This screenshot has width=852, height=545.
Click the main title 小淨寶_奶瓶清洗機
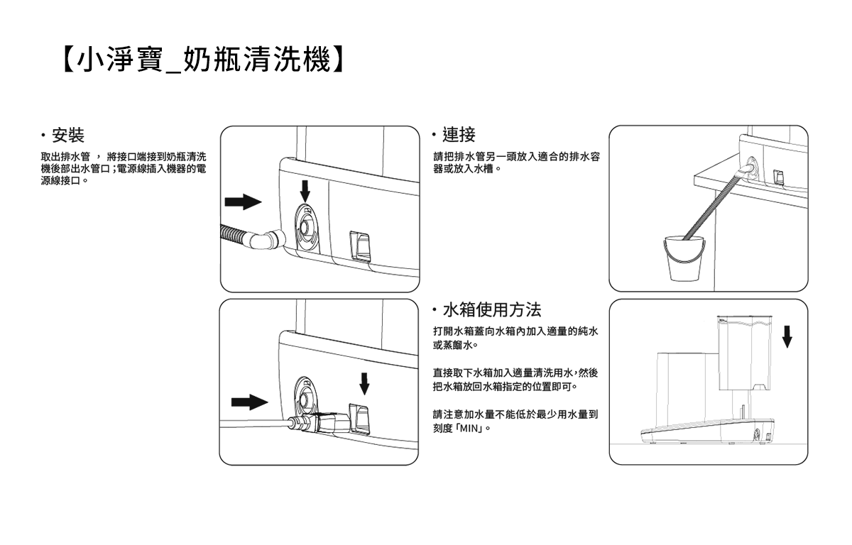tap(202, 60)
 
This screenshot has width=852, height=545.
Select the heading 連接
tap(459, 133)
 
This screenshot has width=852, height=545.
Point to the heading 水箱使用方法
tap(491, 309)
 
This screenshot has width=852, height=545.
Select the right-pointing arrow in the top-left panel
tap(243, 202)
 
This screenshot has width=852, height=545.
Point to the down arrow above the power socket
tap(365, 383)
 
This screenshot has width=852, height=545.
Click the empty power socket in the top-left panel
tap(361, 246)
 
